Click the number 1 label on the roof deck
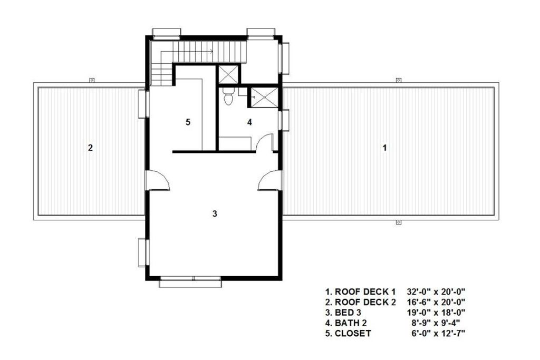pyautogui.click(x=384, y=148)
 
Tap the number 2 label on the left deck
pyautogui.click(x=90, y=148)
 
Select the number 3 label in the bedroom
pyautogui.click(x=214, y=213)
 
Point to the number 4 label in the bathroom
pyautogui.click(x=249, y=122)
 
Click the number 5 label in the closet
pyautogui.click(x=187, y=122)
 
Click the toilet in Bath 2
pyautogui.click(x=228, y=98)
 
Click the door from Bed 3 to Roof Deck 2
pyautogui.click(x=158, y=181)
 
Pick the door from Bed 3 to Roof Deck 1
pyautogui.click(x=269, y=181)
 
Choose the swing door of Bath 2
pyautogui.click(x=264, y=143)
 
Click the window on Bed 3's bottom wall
pyautogui.click(x=190, y=281)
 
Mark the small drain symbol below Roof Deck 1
pyautogui.click(x=398, y=223)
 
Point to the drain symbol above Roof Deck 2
pyautogui.click(x=91, y=80)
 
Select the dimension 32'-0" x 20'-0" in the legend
pyautogui.click(x=436, y=291)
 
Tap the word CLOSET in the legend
pyautogui.click(x=353, y=334)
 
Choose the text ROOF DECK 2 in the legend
pyautogui.click(x=365, y=302)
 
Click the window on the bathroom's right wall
pyautogui.click(x=285, y=120)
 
